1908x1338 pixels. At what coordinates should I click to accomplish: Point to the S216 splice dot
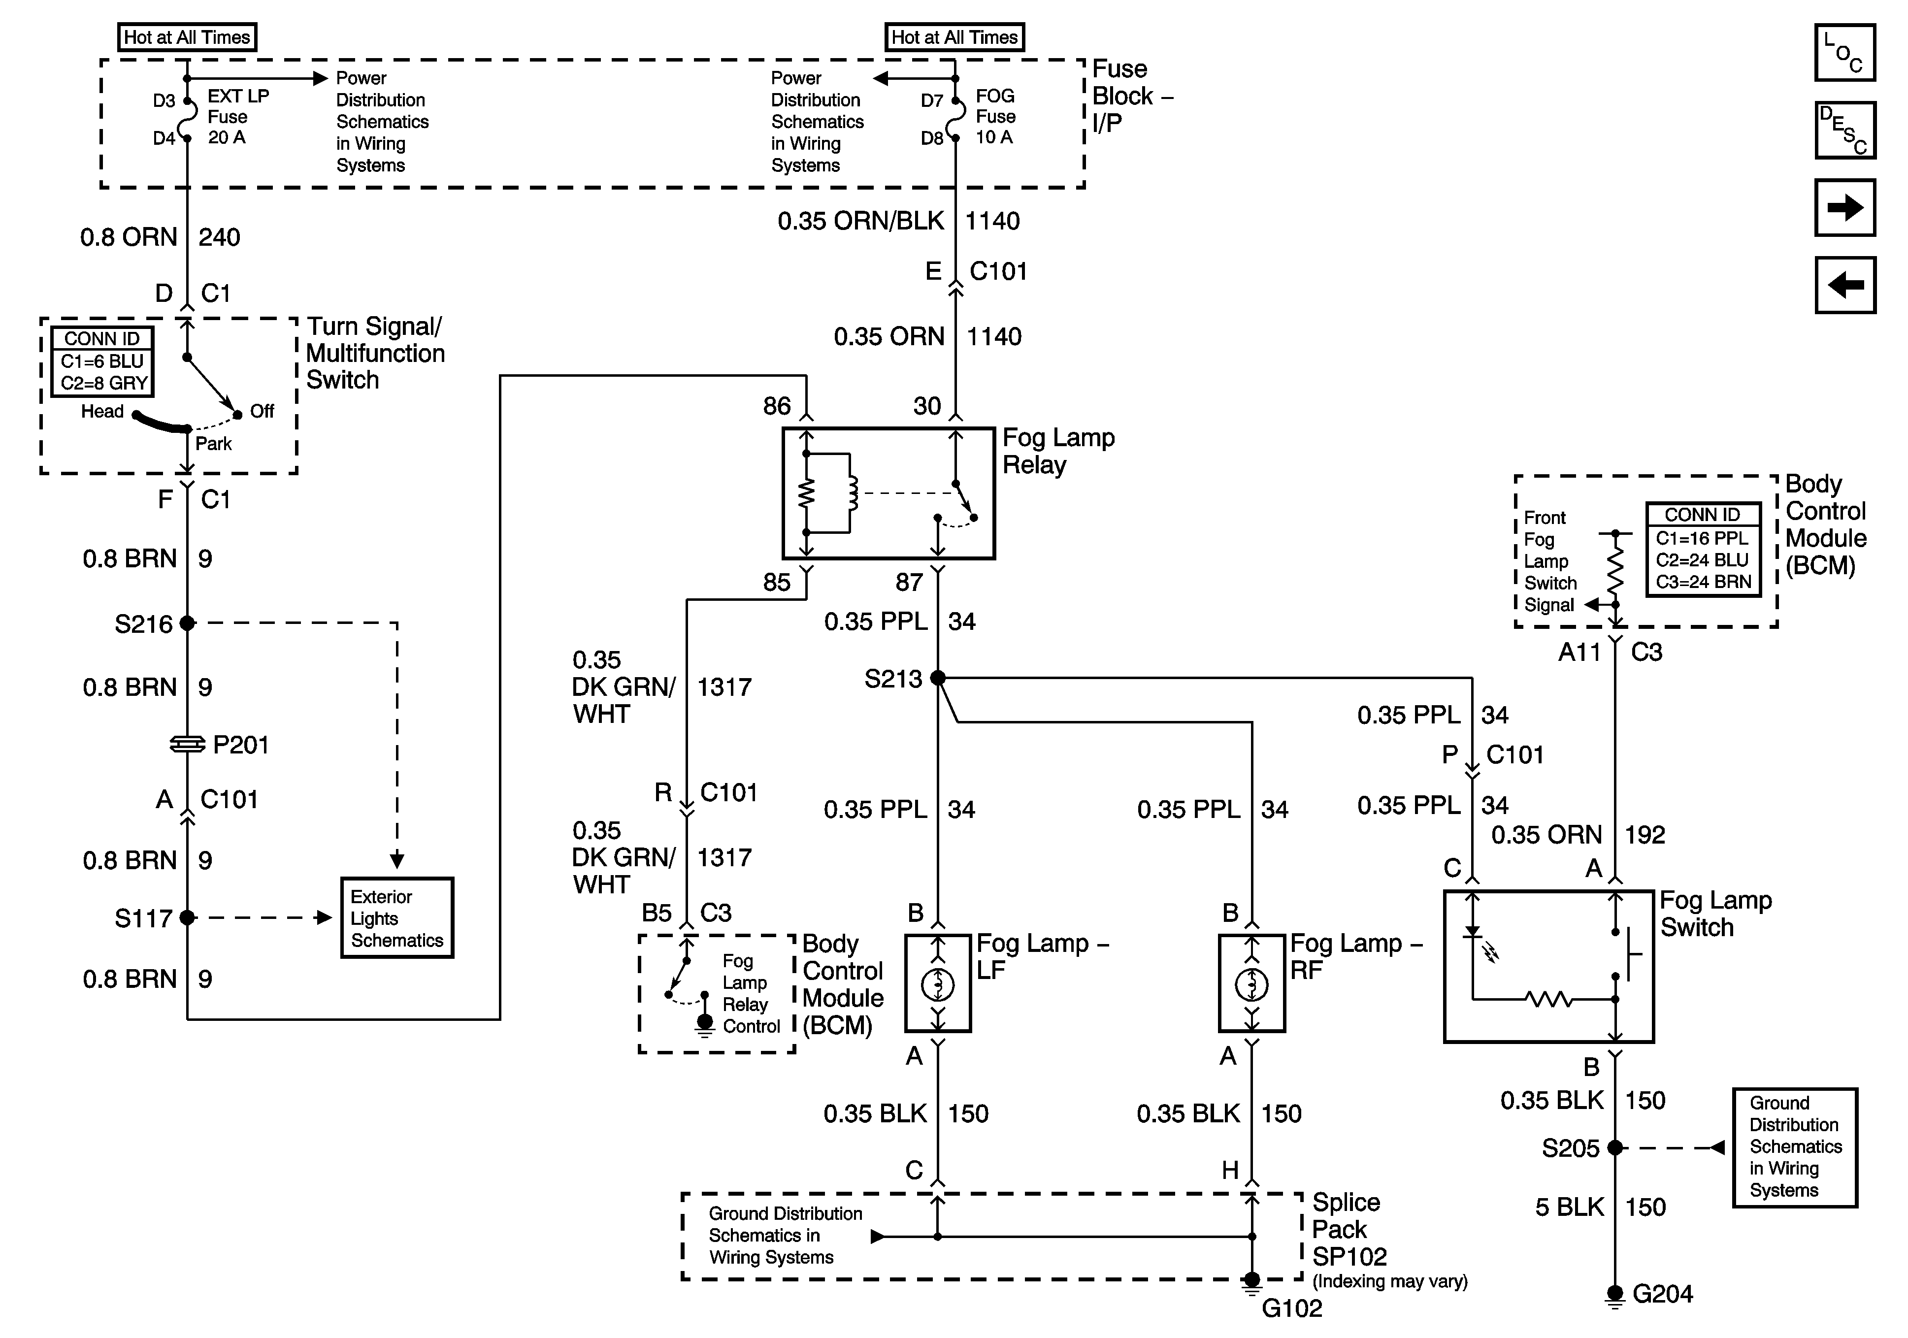187,622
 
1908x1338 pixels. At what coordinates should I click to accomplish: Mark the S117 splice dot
187,917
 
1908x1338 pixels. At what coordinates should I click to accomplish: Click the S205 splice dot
1614,1148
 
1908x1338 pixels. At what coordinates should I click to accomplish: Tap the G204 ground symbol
1614,1297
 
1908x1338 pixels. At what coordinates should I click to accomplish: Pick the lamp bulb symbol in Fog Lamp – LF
938,985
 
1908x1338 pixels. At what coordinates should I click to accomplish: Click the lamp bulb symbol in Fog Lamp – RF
1251,985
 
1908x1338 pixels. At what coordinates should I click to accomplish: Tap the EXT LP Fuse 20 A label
238,116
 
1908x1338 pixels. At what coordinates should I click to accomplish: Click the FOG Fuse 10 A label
995,116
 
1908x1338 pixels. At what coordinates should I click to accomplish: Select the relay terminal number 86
777,406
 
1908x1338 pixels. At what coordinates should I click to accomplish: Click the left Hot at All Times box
187,37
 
